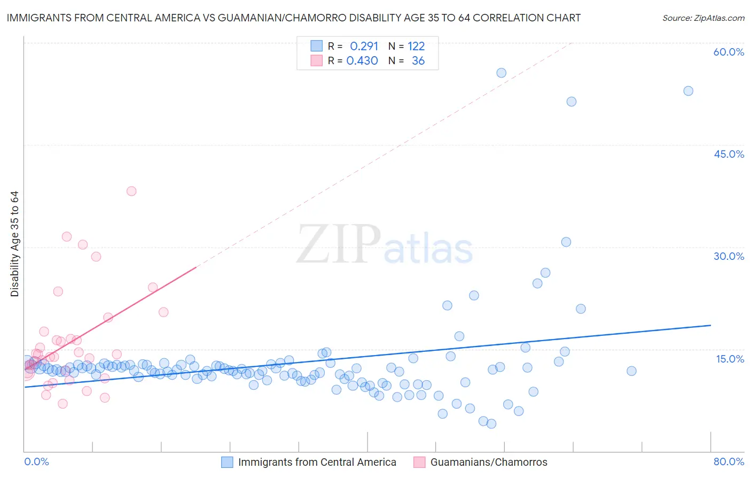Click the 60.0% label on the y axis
coord(729,52)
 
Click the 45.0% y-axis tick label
coord(729,154)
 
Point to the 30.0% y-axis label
coord(729,256)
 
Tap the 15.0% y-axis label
coord(730,359)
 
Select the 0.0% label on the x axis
coord(36,461)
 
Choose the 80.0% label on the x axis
coord(729,461)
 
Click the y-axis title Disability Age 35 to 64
coord(14,244)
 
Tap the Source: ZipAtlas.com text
coord(703,18)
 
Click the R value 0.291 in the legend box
coord(364,46)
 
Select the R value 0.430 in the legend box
coord(362,61)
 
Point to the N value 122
coord(416,46)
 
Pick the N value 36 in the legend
coord(418,61)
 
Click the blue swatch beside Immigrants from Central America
coord(227,462)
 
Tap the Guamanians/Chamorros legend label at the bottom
coord(489,462)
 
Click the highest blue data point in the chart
coord(501,73)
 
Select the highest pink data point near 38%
coord(131,191)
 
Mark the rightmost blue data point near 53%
coord(688,91)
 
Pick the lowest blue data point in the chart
coord(491,424)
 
